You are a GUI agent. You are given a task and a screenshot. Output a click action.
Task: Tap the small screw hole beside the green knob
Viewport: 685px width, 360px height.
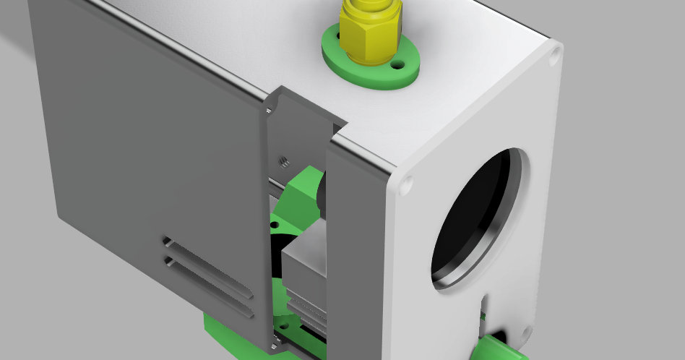click(483, 315)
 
